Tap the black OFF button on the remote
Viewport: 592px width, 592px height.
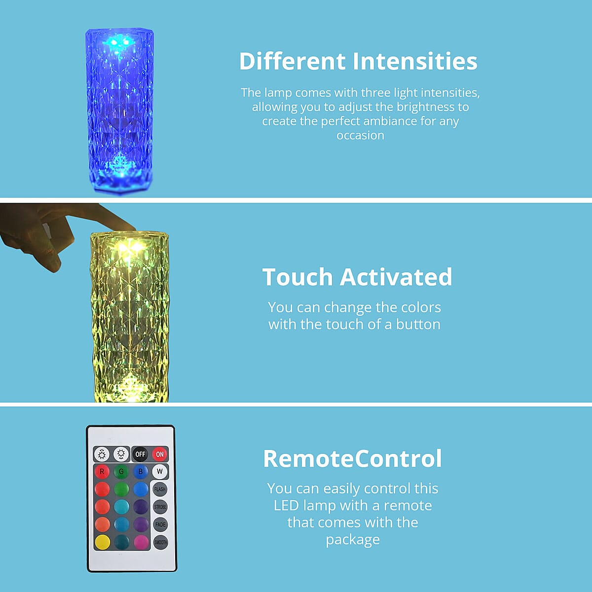140,454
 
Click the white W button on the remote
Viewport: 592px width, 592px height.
160,472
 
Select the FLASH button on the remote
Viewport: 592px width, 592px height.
160,489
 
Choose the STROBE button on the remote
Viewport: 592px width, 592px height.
160,507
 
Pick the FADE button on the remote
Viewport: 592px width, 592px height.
160,524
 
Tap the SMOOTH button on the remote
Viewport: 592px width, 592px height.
160,542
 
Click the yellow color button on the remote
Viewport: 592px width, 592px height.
103,542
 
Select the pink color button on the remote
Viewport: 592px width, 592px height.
141,542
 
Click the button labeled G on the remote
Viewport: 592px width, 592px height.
121,472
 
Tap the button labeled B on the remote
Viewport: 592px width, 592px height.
141,472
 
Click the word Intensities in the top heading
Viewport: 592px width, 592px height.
415,61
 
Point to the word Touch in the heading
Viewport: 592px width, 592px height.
297,277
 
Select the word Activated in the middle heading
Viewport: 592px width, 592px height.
396,277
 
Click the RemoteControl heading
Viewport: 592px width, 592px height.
352,458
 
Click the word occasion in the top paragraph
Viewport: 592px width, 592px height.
360,136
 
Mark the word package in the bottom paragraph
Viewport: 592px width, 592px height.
353,540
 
